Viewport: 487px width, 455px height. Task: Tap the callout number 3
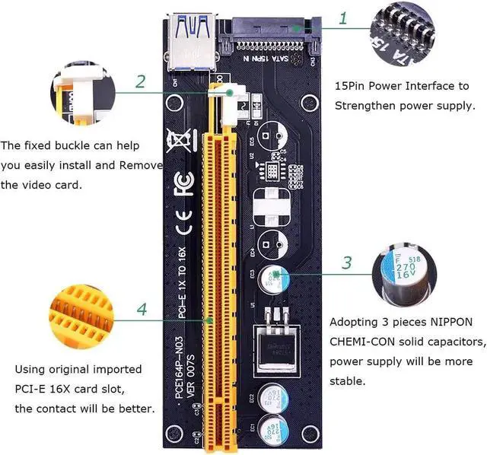point(346,264)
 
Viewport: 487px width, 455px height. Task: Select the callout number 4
point(140,310)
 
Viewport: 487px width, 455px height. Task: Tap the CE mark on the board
point(180,226)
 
